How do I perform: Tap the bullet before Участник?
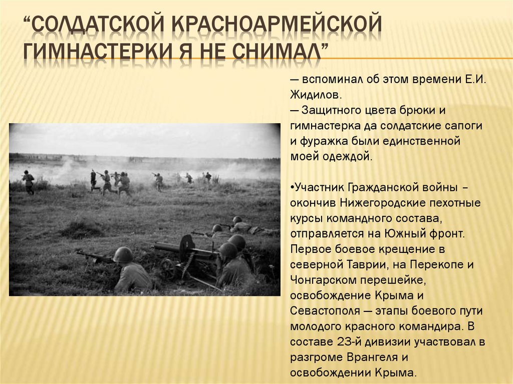tap(292, 187)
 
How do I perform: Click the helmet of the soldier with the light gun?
tap(123, 254)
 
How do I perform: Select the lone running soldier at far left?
tap(28, 181)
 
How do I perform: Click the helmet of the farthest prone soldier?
tap(237, 219)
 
